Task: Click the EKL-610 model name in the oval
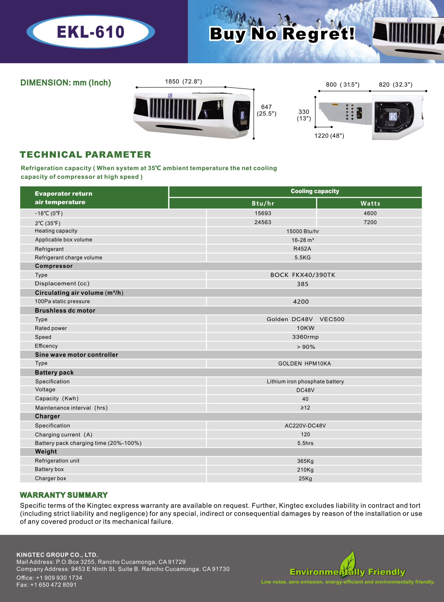point(91,32)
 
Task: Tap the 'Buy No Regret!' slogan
point(282,34)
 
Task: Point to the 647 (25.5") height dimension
point(266,110)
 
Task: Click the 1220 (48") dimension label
point(329,136)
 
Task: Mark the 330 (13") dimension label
point(304,115)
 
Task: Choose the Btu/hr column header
point(263,203)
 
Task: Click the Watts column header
point(370,203)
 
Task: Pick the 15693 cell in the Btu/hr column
point(263,213)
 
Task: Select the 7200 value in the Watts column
point(370,222)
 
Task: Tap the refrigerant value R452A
point(302,249)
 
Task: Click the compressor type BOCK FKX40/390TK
point(303,275)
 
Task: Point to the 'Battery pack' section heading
point(54,372)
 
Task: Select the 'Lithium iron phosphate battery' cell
point(305,382)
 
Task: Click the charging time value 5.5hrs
point(305,443)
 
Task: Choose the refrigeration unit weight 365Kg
point(305,461)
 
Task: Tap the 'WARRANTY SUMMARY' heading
point(64,495)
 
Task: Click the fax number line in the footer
point(47,585)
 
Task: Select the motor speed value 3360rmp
point(305,337)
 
